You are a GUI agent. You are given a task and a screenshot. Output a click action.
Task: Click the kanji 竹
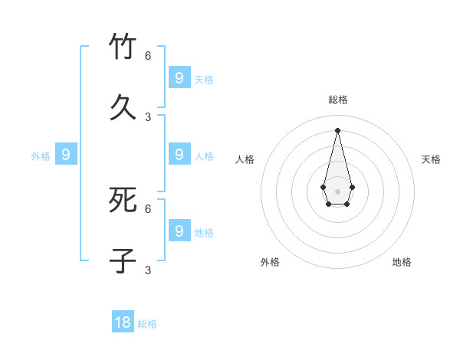(123, 47)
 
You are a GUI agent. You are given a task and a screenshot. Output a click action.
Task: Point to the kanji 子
(123, 260)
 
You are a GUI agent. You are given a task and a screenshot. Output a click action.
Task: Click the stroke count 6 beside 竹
(148, 56)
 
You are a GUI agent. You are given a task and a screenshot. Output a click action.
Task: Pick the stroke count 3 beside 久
(148, 116)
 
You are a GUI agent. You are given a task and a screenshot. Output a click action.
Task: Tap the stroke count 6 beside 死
(148, 208)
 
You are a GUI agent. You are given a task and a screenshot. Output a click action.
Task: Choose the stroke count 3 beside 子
(148, 270)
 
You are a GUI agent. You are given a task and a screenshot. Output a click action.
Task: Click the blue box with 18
(123, 322)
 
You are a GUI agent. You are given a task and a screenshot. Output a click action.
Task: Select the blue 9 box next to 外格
(66, 155)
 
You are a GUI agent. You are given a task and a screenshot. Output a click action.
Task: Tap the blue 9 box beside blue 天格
(179, 77)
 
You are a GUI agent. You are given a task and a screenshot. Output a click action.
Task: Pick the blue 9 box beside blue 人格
(179, 155)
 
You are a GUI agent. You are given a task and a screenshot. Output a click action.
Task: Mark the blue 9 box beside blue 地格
(179, 230)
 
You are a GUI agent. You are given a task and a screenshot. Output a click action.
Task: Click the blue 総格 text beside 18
(147, 324)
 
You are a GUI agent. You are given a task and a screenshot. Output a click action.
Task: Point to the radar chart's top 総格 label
(338, 100)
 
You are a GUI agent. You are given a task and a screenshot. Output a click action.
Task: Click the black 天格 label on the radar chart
(431, 159)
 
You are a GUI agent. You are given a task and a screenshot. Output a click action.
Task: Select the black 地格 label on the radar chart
(402, 262)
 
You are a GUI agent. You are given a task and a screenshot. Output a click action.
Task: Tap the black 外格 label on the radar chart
(270, 262)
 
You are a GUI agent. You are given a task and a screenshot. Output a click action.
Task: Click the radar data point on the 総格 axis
(337, 129)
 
